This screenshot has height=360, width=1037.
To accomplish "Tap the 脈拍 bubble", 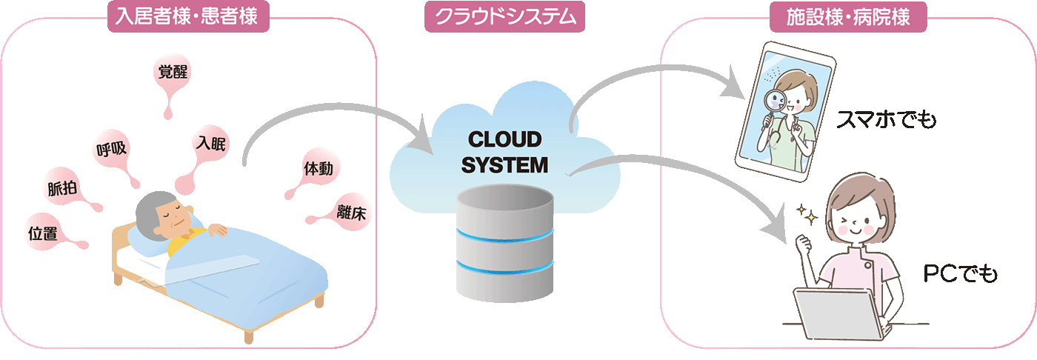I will pos(62,188).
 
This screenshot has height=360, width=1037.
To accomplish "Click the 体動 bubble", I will pos(317,169).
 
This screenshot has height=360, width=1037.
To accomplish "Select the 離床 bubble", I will pos(350,211).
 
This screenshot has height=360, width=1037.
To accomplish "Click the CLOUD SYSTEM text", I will pos(504,152).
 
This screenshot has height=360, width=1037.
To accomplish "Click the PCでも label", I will pos(960,275).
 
